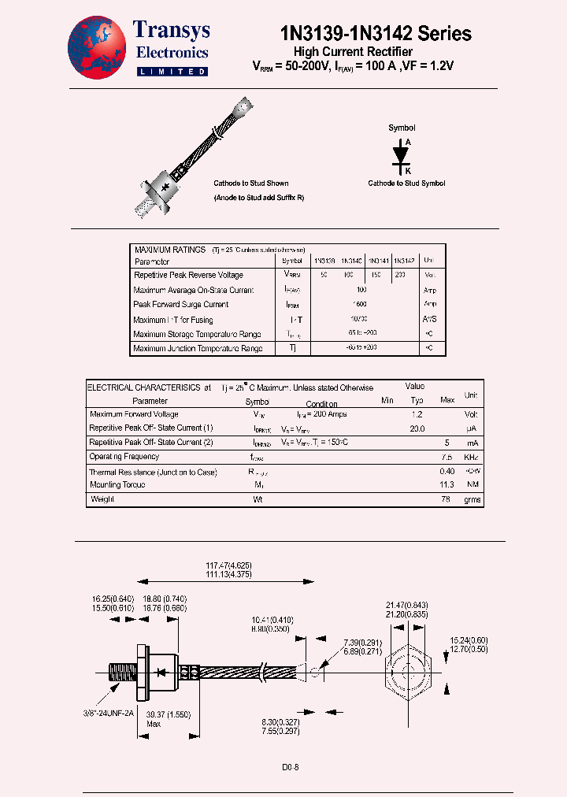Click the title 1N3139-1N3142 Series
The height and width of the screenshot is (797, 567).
click(376, 33)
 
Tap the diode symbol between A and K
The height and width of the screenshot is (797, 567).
click(402, 155)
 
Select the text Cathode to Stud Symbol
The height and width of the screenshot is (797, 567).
click(406, 183)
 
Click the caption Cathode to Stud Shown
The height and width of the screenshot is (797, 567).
click(251, 183)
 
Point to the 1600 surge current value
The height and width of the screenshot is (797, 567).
click(360, 305)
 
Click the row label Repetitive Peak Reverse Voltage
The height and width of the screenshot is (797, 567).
click(188, 276)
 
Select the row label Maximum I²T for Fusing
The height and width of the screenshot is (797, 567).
click(173, 320)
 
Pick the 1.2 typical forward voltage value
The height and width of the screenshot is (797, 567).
click(417, 414)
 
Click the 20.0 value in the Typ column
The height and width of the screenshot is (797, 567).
click(417, 428)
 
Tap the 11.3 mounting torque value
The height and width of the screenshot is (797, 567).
click(447, 485)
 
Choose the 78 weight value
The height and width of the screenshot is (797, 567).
click(447, 499)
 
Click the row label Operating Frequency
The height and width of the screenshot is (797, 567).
click(124, 457)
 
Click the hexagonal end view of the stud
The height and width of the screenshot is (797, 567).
click(408, 670)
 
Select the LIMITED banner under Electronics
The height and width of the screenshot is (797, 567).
click(172, 72)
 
